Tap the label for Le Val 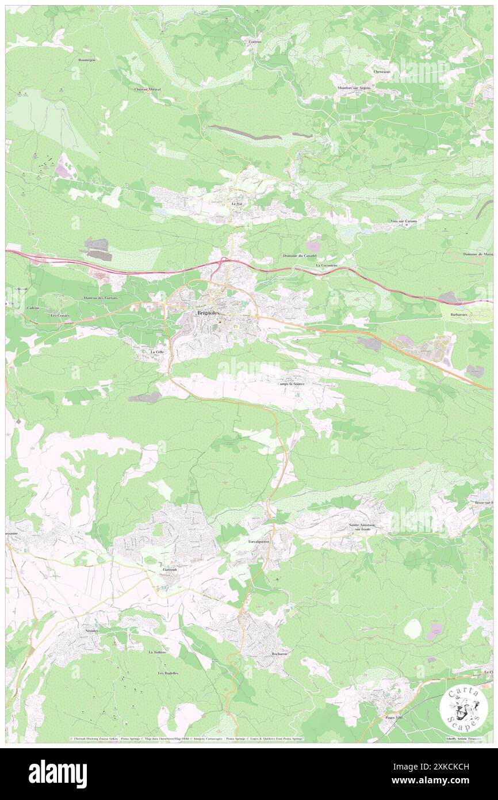[235, 204]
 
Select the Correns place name [255, 42]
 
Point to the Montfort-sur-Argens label [354, 87]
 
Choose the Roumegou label [88, 59]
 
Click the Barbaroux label [458, 315]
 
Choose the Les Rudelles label [168, 673]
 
